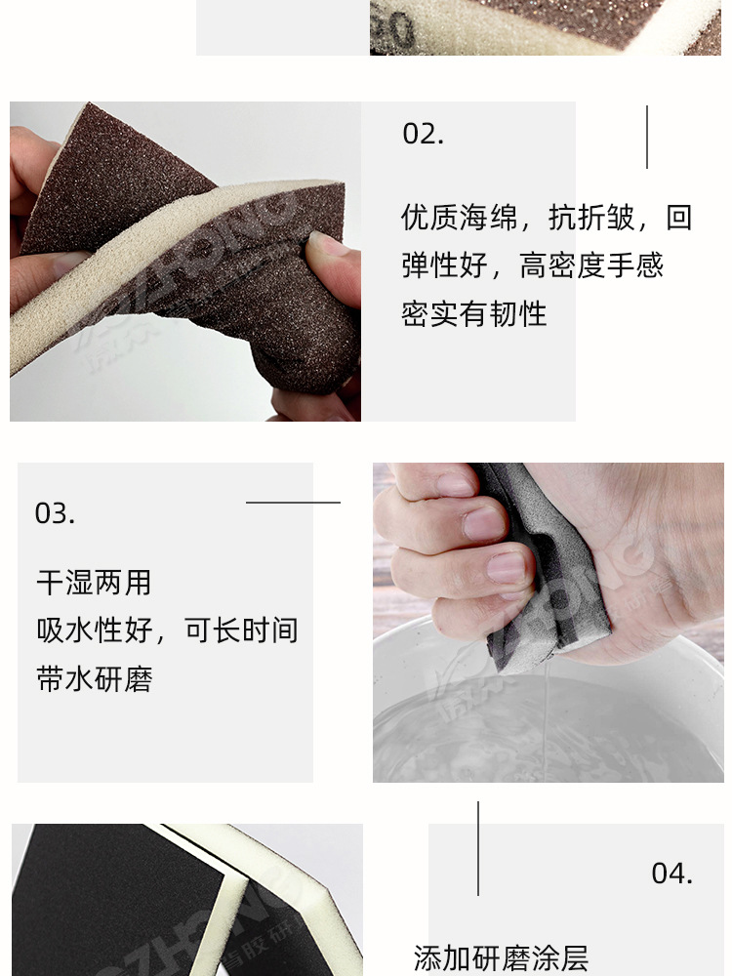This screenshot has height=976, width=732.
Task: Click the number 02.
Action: pos(423,134)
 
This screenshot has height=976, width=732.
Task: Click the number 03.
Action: pos(55,513)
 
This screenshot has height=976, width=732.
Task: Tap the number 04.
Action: pos(671,873)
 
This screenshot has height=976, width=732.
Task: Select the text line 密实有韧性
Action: pos(473,313)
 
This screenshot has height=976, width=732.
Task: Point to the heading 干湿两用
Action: pos(94,583)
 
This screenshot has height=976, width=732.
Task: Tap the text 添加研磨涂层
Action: pos(501,957)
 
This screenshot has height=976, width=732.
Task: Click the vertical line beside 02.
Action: pos(646,137)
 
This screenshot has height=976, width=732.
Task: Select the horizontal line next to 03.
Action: pos(293,503)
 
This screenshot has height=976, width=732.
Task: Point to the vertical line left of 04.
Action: pos(478,848)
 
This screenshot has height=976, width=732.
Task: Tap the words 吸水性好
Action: pos(95,630)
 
